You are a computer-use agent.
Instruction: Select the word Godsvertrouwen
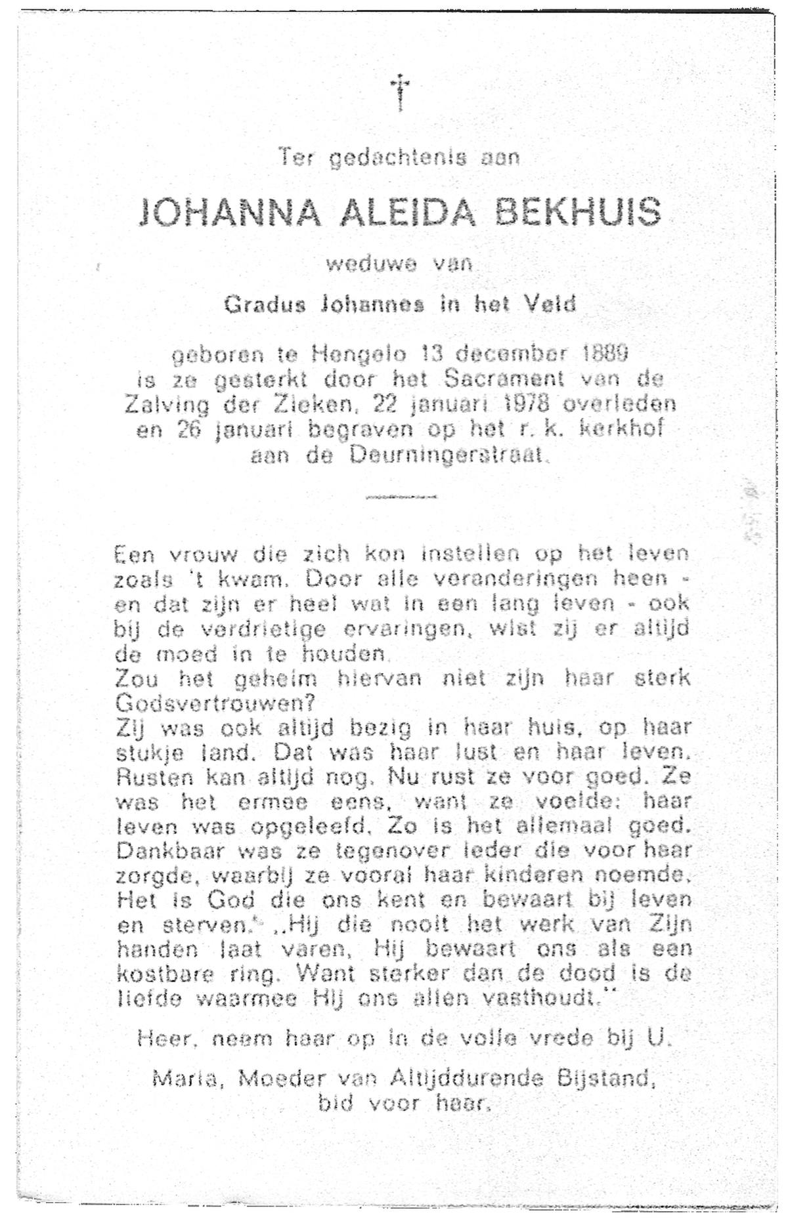(x=213, y=703)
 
